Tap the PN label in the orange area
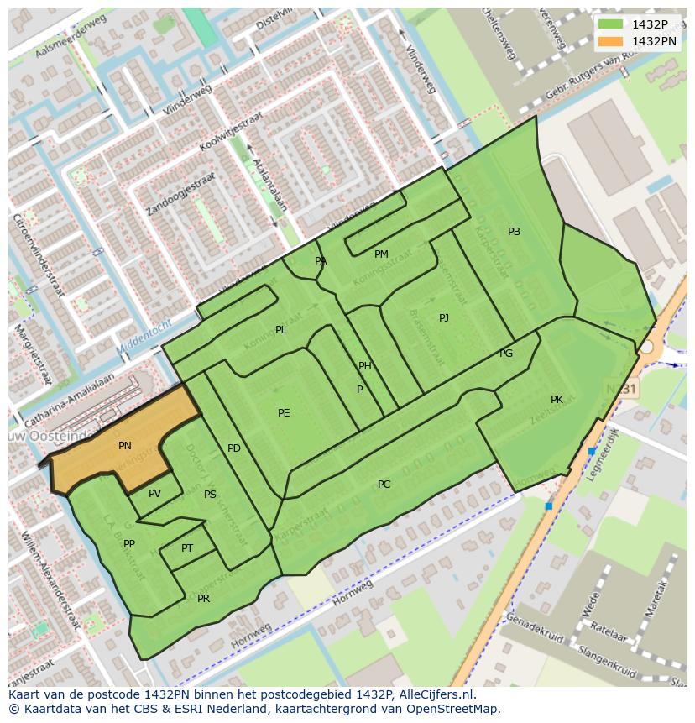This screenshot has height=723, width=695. (124, 447)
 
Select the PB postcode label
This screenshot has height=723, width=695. (514, 232)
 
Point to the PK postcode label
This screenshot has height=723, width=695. (557, 400)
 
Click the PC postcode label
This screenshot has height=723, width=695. (384, 485)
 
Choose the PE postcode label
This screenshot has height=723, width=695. (284, 413)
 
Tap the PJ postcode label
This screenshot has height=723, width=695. (443, 318)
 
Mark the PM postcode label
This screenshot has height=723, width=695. (381, 254)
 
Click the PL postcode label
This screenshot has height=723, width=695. (280, 331)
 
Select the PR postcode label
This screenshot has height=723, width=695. (203, 599)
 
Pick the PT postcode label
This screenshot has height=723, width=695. (187, 548)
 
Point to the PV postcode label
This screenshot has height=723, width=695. (154, 494)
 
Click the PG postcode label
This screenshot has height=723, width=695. (506, 354)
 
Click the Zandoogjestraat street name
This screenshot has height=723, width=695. (180, 194)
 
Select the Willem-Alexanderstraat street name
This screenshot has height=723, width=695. (51, 579)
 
